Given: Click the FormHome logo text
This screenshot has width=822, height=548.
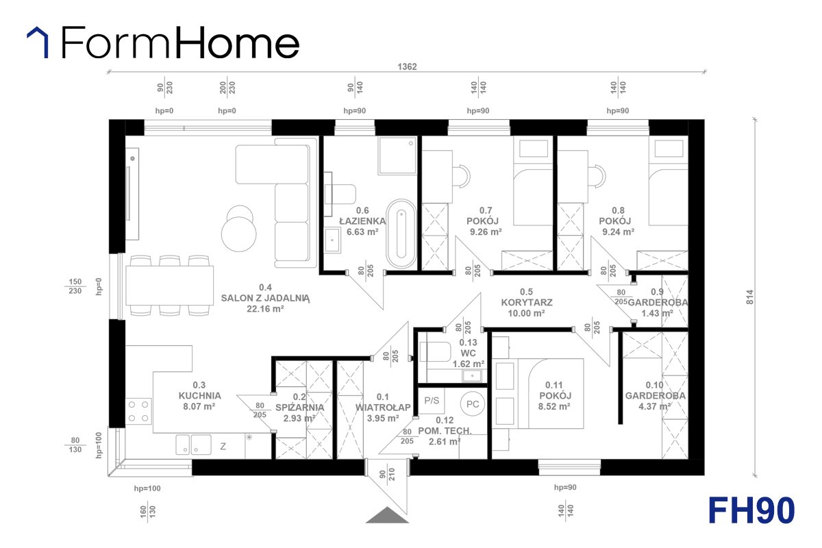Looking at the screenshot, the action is pos(180,42).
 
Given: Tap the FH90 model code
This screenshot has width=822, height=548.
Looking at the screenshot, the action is pos(751,510).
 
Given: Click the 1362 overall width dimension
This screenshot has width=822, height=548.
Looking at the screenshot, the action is pos(407,67).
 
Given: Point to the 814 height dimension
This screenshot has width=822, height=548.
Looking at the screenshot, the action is pos(749,297).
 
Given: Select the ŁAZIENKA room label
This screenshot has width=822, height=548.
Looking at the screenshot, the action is pos(362,221).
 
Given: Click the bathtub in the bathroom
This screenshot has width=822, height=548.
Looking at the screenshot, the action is pos(401,234).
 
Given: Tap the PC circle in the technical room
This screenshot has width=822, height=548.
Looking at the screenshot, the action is pos(473,404).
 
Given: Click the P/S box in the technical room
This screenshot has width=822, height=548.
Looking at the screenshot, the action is pos(432,401).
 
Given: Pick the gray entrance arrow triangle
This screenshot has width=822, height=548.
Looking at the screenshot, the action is pos(387,515).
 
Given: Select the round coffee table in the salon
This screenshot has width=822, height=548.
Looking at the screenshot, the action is pos(239,234).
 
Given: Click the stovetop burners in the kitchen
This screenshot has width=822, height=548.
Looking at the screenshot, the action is pos(138,411).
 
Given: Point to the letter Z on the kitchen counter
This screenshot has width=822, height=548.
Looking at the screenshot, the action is pos(223,447).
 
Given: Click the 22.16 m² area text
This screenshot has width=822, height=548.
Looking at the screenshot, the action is pos(265,309).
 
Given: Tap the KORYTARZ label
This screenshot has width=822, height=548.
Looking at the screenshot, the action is pos(527,303).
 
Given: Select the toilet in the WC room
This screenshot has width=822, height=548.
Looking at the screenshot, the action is pos(435,352).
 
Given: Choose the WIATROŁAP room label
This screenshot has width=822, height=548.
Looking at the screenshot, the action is pos(383,408).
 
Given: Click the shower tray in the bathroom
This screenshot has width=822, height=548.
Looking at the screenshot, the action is pos(397,155).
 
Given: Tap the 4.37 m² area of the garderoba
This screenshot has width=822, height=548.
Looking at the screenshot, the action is pos(655,406).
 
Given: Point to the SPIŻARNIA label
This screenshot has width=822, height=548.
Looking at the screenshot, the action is pos(299,408).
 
